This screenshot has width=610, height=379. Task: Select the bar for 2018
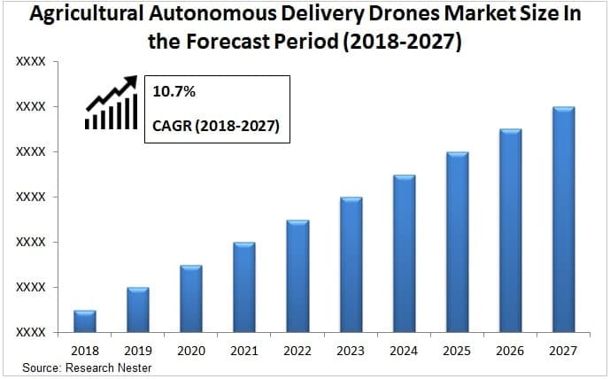pos(85,321)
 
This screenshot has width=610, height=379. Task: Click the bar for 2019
pos(138,310)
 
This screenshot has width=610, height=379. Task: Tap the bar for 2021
pos(244,287)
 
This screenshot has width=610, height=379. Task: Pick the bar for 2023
pos(351,265)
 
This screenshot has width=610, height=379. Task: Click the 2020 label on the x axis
pos(191,352)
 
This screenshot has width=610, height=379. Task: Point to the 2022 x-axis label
pos(297,352)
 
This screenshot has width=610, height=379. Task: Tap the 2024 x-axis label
pos(404,352)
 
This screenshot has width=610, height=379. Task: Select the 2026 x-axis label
pos(511,352)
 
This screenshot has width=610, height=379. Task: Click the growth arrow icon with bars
pos(112,103)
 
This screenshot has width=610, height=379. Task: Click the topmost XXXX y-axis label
pos(31,62)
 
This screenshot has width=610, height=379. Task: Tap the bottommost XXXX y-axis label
pos(31,332)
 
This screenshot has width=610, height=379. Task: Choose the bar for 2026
pos(511,231)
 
